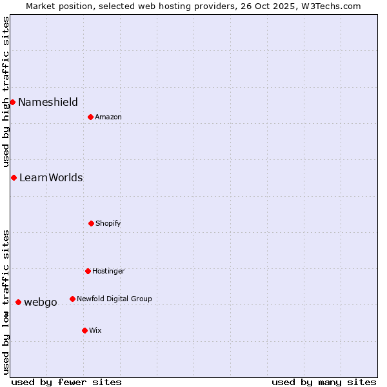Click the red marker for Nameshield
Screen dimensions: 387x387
point(12,102)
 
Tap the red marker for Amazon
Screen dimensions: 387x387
point(90,117)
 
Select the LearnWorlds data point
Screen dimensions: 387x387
point(14,177)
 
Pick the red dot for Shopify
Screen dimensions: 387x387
point(91,223)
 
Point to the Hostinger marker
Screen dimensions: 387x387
point(88,271)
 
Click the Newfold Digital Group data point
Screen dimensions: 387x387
point(72,299)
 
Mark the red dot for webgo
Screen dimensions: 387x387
point(18,302)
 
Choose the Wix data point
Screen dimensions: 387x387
point(84,330)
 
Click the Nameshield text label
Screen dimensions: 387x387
point(48,102)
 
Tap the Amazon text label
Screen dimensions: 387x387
point(108,117)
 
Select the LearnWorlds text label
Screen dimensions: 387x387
point(51,177)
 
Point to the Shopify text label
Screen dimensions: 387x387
point(108,223)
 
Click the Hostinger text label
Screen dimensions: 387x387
point(108,271)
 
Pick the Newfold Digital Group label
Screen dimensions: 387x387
point(114,299)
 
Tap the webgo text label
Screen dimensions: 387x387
point(41,302)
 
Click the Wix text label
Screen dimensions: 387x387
point(95,330)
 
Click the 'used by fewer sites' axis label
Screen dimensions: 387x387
point(66,382)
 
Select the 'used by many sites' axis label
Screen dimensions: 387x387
point(324,382)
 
